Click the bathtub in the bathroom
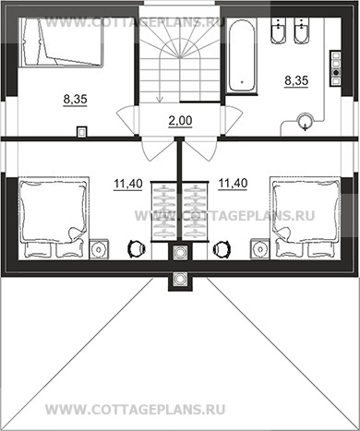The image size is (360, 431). pos(242,55)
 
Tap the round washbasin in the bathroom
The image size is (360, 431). pos(305,121)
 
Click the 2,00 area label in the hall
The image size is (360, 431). pos(180,121)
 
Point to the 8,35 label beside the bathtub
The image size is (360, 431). pos(296,80)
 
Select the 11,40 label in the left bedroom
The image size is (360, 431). pos(128,184)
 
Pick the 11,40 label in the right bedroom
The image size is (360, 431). pos(233,184)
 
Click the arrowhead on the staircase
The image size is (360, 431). pos(160,99)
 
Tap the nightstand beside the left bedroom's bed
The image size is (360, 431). pos(99,249)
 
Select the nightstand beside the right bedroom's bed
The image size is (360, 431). pos(260,249)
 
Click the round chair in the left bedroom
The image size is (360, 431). pos(136,248)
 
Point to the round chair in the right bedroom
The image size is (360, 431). pos(222,248)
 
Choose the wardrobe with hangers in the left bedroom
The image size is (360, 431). pos(164,211)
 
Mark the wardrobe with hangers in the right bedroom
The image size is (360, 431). pos(196,211)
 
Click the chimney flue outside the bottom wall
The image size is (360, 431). pos(179,279)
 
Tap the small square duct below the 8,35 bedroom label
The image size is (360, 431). pos(82,132)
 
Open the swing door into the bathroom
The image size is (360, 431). pos(234,119)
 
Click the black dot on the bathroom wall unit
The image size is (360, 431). pos(336,73)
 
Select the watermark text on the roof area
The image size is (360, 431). pos(136,410)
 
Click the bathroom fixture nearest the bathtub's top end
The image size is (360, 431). pos(279,30)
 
